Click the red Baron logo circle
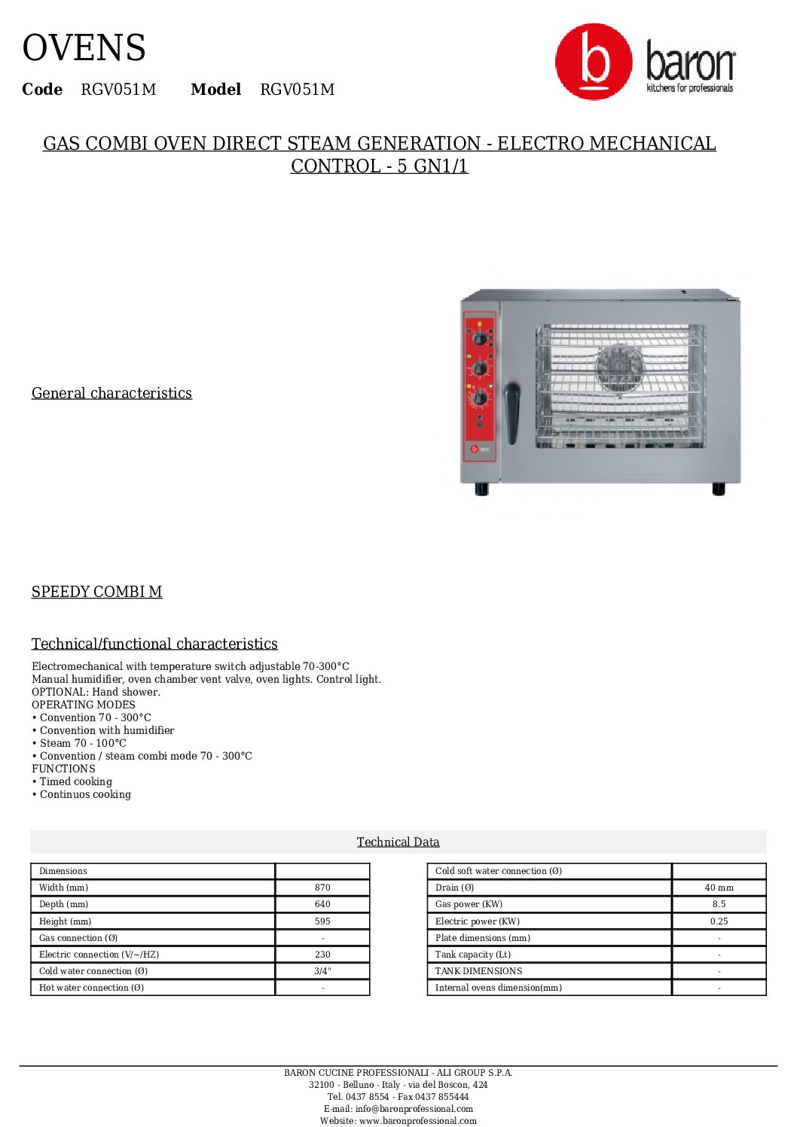pos(594,62)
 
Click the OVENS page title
pos(84,48)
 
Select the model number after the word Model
pos(297,90)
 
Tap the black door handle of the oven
pos(512,412)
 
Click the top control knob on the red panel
pos(480,338)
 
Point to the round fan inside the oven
pos(619,368)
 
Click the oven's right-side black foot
pos(719,489)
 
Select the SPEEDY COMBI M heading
pos(96,592)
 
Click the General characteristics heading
pos(111,393)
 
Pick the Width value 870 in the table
pos(322,888)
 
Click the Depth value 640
pos(322,904)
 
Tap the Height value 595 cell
pos(322,921)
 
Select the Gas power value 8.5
pos(719,904)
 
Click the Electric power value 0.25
pos(719,921)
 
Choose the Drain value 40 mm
pos(719,888)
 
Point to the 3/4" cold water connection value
pos(322,971)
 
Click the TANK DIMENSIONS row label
pos(478,971)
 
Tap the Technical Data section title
pos(398,842)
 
